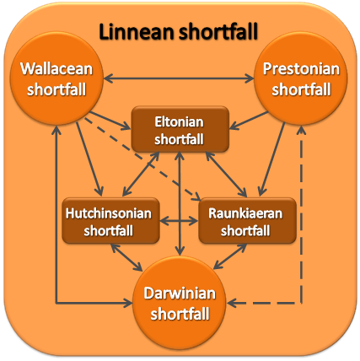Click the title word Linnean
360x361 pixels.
pyautogui.click(x=137, y=31)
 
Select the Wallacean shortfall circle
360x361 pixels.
pyautogui.click(x=56, y=78)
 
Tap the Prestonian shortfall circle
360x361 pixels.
pyautogui.click(x=300, y=78)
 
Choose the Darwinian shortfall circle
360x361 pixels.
pyautogui.click(x=180, y=303)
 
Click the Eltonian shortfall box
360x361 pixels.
pyautogui.click(x=180, y=129)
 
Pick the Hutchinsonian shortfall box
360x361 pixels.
pyautogui.click(x=110, y=221)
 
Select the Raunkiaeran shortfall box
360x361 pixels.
pyautogui.click(x=247, y=221)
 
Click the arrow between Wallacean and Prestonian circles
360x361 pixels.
pyautogui.click(x=179, y=78)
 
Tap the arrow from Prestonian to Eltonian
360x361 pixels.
pyautogui.click(x=249, y=121)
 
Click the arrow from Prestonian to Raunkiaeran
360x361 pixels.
pyautogui.click(x=272, y=159)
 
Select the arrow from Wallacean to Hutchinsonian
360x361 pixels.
pyautogui.click(x=89, y=159)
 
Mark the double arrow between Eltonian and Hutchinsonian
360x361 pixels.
pyautogui.click(x=141, y=174)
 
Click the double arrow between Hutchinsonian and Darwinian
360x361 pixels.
pyautogui.click(x=126, y=257)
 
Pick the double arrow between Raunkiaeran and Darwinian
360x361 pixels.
pyautogui.click(x=230, y=256)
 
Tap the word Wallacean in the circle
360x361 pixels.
pyautogui.click(x=56, y=68)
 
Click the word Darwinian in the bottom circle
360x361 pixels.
pyautogui.click(x=180, y=294)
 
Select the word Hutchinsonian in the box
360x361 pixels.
pyautogui.click(x=109, y=213)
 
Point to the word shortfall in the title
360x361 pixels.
pyautogui.click(x=218, y=31)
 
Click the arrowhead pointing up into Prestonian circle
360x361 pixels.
pyautogui.click(x=302, y=130)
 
